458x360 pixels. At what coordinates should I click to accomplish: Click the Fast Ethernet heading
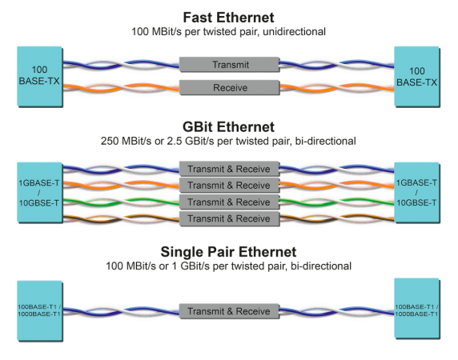coord(228,18)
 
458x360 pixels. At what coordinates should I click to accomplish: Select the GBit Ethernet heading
coord(228,127)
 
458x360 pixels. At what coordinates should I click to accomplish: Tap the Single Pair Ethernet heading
coord(228,252)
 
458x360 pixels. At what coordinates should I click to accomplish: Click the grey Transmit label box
coord(229,65)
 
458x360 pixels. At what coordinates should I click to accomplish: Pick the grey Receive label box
coord(229,87)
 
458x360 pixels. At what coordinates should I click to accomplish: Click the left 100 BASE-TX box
coord(40,77)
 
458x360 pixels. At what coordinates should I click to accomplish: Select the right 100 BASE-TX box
coord(417,77)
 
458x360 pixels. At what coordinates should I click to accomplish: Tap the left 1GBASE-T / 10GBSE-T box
coord(40,193)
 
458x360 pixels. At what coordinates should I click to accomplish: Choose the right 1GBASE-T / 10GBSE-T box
coord(417,193)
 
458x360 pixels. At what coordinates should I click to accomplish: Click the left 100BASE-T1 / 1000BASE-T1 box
coord(40,310)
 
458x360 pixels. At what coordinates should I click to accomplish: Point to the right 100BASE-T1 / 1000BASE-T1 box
coord(417,309)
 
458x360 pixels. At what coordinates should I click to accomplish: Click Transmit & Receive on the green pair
coord(229,202)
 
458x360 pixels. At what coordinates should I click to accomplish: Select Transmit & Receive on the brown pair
coord(229,218)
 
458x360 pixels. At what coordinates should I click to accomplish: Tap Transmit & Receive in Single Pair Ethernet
coord(229,311)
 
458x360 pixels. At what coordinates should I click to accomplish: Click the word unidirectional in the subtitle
coord(294,31)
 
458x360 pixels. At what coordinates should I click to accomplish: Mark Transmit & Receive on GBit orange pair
coord(229,186)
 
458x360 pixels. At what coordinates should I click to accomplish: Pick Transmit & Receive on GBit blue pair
coord(229,169)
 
